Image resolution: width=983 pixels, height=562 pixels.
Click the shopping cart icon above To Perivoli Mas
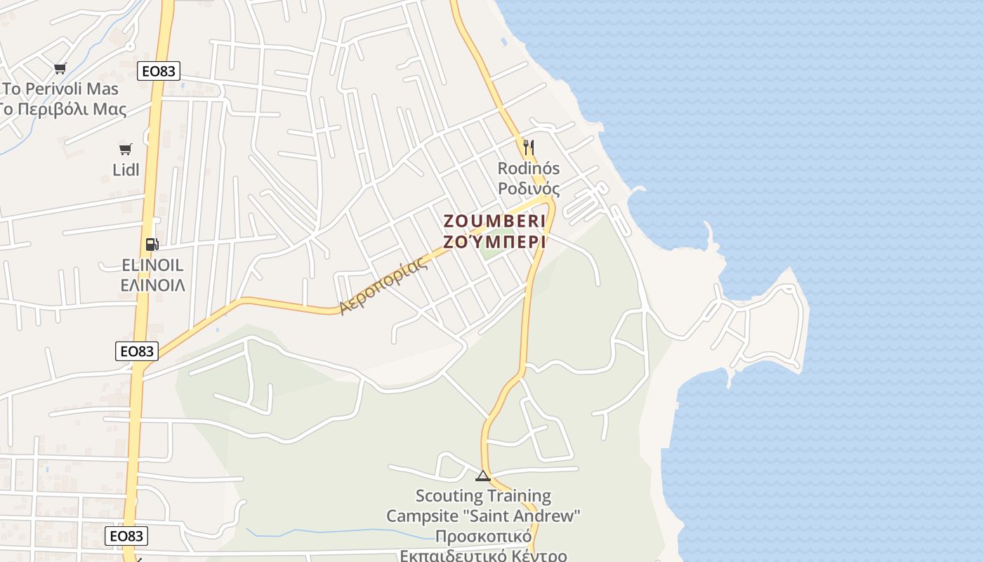[60, 68]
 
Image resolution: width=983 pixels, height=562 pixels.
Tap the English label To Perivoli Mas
[60, 89]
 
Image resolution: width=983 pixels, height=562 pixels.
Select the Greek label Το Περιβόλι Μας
[63, 110]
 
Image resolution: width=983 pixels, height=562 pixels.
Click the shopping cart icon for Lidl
[125, 149]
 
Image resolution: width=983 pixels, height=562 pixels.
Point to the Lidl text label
[126, 170]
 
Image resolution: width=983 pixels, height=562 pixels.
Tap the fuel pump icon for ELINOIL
[152, 244]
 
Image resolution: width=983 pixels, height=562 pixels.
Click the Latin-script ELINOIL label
[152, 265]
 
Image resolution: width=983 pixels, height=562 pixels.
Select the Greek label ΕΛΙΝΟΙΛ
[153, 285]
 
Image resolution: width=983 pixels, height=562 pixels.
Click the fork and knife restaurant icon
[529, 148]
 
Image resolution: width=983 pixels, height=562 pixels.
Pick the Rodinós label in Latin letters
[529, 169]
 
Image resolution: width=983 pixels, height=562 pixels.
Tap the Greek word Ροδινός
[529, 189]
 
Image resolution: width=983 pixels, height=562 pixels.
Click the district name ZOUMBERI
[494, 221]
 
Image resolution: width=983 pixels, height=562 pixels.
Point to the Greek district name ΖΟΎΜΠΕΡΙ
[494, 242]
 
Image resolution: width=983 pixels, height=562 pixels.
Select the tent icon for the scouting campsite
[482, 476]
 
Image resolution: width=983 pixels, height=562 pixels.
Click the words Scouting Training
[483, 496]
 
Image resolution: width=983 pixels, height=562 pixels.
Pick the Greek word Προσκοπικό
[482, 537]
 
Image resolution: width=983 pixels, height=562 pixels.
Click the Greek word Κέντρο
[536, 556]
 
